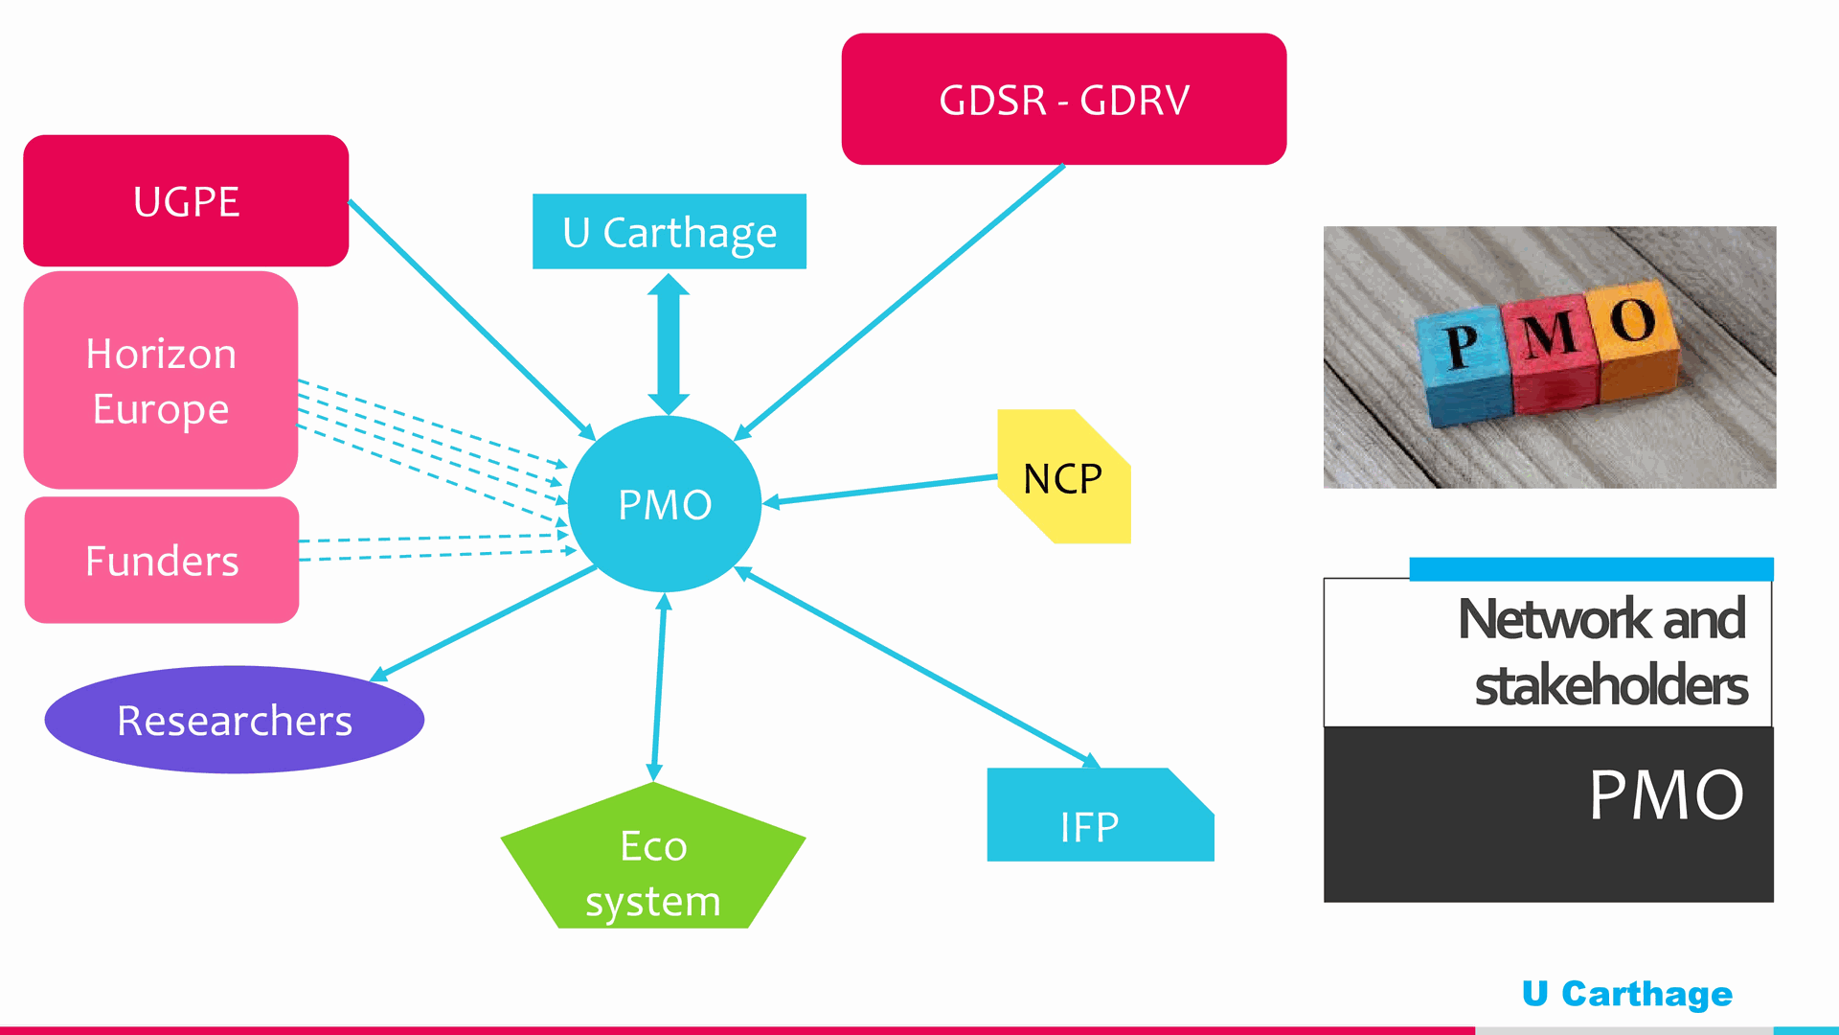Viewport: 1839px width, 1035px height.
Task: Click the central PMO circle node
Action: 665,504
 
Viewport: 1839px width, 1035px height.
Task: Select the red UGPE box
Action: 186,201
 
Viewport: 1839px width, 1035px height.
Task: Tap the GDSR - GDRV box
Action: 1063,100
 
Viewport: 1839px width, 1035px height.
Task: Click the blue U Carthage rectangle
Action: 669,232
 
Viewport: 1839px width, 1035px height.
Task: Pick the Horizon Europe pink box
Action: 161,380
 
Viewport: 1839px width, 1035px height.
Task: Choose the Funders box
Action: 162,561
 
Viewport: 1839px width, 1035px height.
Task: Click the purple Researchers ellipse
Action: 235,721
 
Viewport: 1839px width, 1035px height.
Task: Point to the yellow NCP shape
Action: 1063,478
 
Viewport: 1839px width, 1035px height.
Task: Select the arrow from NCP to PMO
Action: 881,489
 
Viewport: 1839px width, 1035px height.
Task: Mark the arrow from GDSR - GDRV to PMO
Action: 900,302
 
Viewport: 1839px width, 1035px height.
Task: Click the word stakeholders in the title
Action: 1611,686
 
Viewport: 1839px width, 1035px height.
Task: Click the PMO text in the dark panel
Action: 1666,795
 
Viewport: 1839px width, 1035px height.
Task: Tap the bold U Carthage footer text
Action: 1626,994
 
